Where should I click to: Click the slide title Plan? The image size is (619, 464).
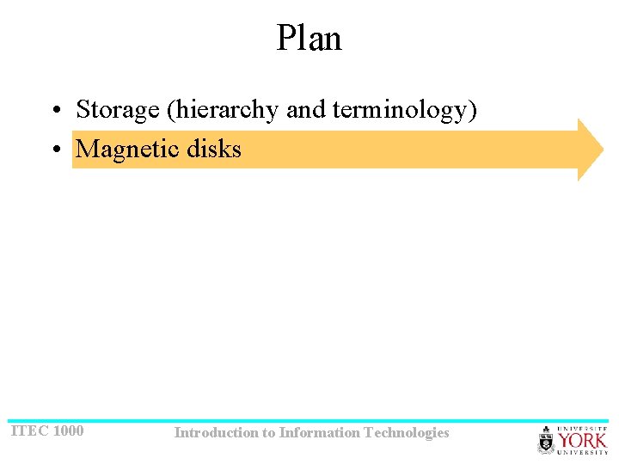(309, 39)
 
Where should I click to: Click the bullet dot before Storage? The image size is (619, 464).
(55, 111)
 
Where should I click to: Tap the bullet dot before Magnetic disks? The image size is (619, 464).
(55, 150)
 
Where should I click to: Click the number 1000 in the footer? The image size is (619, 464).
(68, 430)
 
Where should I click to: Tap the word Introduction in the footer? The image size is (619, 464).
(215, 433)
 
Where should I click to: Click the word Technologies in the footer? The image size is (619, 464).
(407, 433)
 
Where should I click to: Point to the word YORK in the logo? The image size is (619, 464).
(583, 440)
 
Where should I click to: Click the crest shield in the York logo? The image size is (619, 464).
(546, 441)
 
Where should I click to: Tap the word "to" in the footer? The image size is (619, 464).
(268, 433)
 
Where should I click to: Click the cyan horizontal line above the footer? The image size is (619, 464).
(309, 421)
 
